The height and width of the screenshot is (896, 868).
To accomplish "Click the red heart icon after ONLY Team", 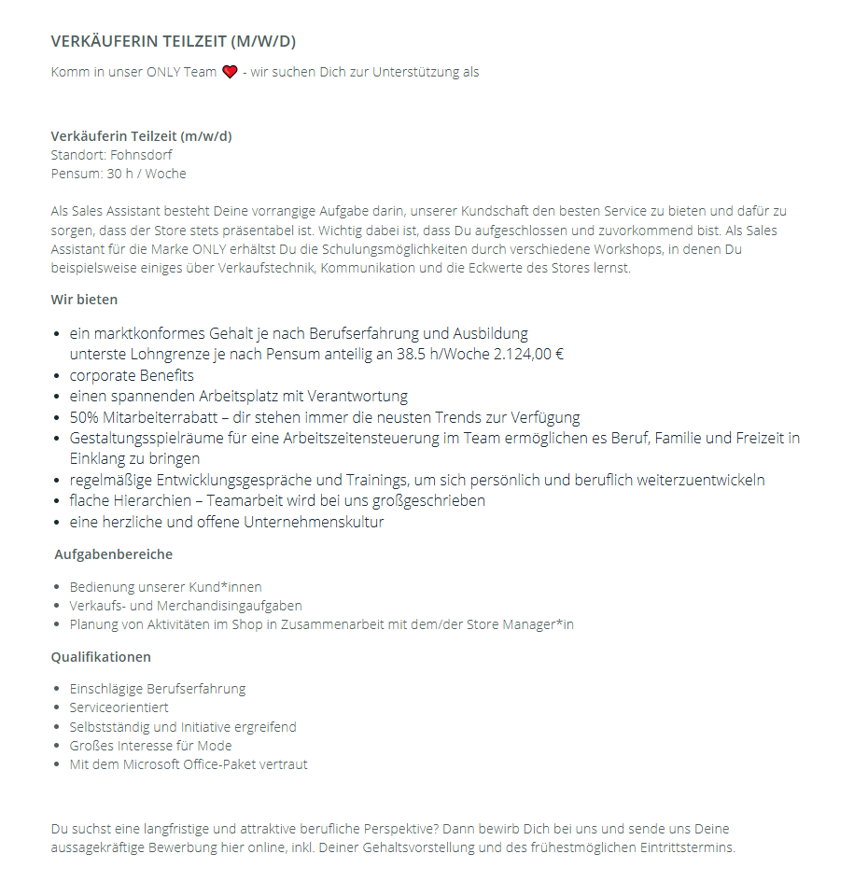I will point(230,72).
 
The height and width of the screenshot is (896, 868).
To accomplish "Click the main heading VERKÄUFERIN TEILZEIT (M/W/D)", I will point(174,42).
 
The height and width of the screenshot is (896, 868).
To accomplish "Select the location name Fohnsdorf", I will point(142,155).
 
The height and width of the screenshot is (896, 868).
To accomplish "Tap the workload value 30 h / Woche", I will point(147,174).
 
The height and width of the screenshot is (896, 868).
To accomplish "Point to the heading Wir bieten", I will point(84,300).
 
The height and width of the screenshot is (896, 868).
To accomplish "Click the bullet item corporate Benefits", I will point(132,375).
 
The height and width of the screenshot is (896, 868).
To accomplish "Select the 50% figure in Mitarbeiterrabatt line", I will point(85,417).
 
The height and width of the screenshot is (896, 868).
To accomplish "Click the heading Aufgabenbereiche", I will point(113,554).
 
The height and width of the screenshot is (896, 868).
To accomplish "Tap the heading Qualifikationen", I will point(101,657).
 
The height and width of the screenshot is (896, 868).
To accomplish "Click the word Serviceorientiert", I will point(119,707).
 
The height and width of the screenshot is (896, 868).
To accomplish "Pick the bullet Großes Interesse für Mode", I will point(150,746).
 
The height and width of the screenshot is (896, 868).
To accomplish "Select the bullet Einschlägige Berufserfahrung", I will point(158,689).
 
